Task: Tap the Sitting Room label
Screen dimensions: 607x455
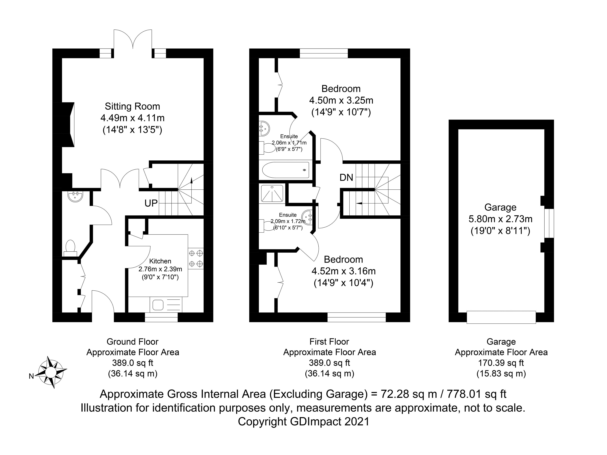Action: (x=132, y=106)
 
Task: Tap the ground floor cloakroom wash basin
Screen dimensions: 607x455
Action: (x=75, y=197)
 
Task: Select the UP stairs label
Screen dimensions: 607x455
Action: (x=151, y=203)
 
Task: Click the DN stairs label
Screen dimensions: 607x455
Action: (x=346, y=177)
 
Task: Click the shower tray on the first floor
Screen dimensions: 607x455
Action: (x=272, y=194)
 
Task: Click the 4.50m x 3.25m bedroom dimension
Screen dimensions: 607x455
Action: (x=341, y=100)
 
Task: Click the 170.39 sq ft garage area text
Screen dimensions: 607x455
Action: (x=501, y=363)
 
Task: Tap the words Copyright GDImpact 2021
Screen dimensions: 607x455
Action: (x=303, y=422)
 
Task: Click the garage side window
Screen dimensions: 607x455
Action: (x=549, y=223)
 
